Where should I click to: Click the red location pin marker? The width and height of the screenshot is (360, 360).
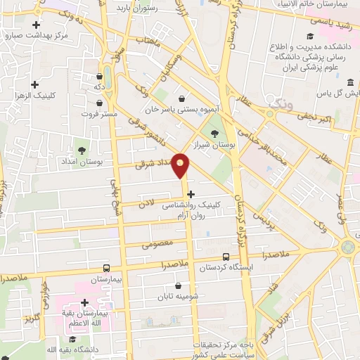click(181, 165)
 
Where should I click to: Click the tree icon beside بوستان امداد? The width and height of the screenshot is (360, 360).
click(82, 150)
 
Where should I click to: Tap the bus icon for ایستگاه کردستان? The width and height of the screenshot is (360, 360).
click(226, 257)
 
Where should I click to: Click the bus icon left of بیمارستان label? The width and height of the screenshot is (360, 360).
click(105, 268)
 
